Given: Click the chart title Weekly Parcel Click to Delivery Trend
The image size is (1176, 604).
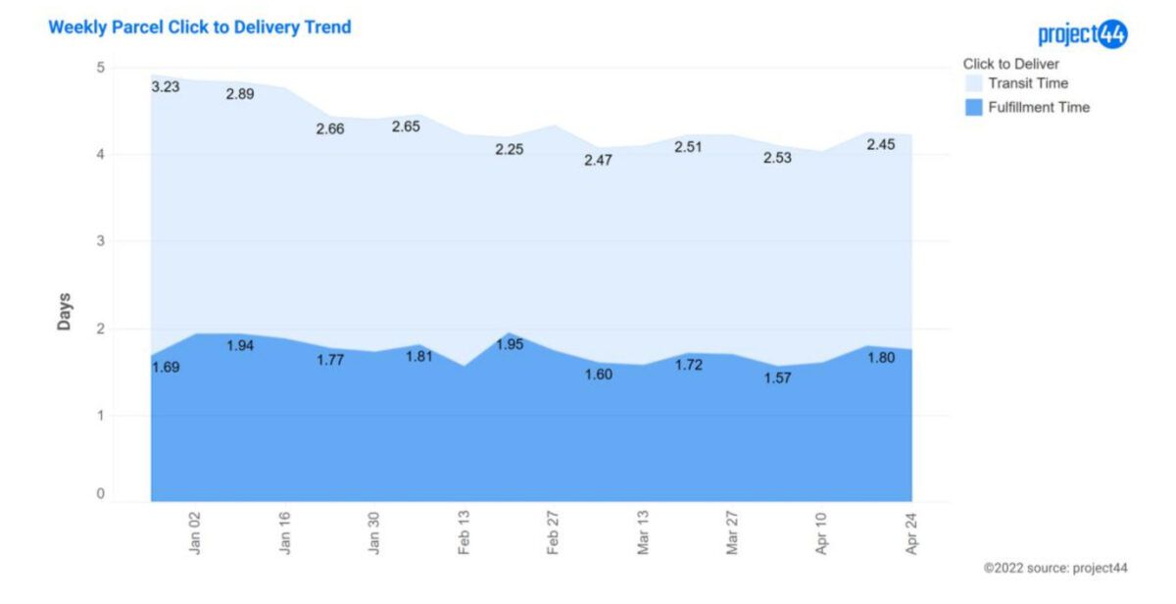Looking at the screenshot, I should (x=199, y=27).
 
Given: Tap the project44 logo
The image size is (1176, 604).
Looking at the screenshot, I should (x=1083, y=34).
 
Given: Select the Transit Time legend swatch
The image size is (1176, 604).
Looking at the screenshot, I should (x=973, y=83).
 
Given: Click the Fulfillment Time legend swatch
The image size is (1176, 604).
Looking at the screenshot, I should (x=973, y=107).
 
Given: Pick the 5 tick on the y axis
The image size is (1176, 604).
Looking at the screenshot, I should (x=100, y=68).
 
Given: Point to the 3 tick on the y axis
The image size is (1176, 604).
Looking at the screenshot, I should (x=100, y=241).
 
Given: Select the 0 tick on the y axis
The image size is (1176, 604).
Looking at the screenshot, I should (x=100, y=495).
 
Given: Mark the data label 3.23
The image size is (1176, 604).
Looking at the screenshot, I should (x=165, y=86).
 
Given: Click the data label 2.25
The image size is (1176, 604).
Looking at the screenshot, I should (x=509, y=149).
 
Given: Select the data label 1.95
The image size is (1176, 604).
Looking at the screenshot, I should (x=509, y=344).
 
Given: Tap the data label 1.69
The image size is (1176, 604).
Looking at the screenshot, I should (x=165, y=367).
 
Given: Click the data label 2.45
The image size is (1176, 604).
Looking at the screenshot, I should (x=880, y=144).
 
